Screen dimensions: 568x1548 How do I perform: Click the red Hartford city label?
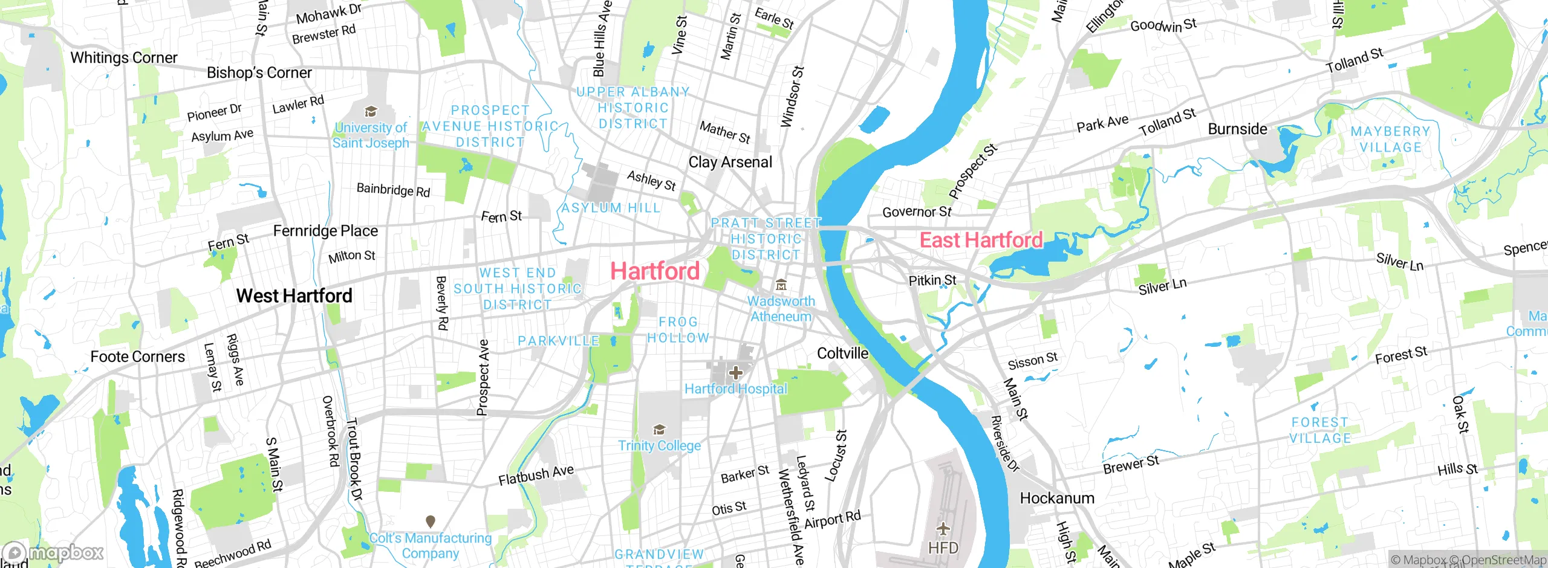point(655,271)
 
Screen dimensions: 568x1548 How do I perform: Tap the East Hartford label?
point(981,240)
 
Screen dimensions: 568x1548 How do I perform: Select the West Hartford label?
point(294,296)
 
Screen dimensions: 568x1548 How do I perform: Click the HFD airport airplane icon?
point(943,530)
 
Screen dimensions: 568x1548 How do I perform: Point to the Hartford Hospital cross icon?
point(735,373)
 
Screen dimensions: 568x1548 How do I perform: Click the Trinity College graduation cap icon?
point(659,430)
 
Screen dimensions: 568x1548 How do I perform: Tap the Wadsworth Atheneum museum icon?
point(781,285)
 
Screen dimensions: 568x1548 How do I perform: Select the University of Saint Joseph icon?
point(371,112)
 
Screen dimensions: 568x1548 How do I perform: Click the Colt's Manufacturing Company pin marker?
point(431,521)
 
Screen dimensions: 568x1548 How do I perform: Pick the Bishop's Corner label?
point(259,73)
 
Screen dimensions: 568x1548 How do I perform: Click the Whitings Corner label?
point(124,58)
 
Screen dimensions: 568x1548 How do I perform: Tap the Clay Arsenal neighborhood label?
point(730,163)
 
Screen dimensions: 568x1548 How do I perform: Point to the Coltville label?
point(842,353)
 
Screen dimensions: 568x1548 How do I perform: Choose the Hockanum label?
point(1057,499)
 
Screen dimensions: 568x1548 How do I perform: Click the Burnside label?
point(1237,129)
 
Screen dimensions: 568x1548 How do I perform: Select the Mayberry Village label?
point(1390,140)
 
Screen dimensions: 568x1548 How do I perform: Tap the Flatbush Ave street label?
point(536,475)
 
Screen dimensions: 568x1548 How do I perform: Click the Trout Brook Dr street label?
point(354,459)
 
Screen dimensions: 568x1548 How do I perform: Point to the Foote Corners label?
point(137,357)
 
